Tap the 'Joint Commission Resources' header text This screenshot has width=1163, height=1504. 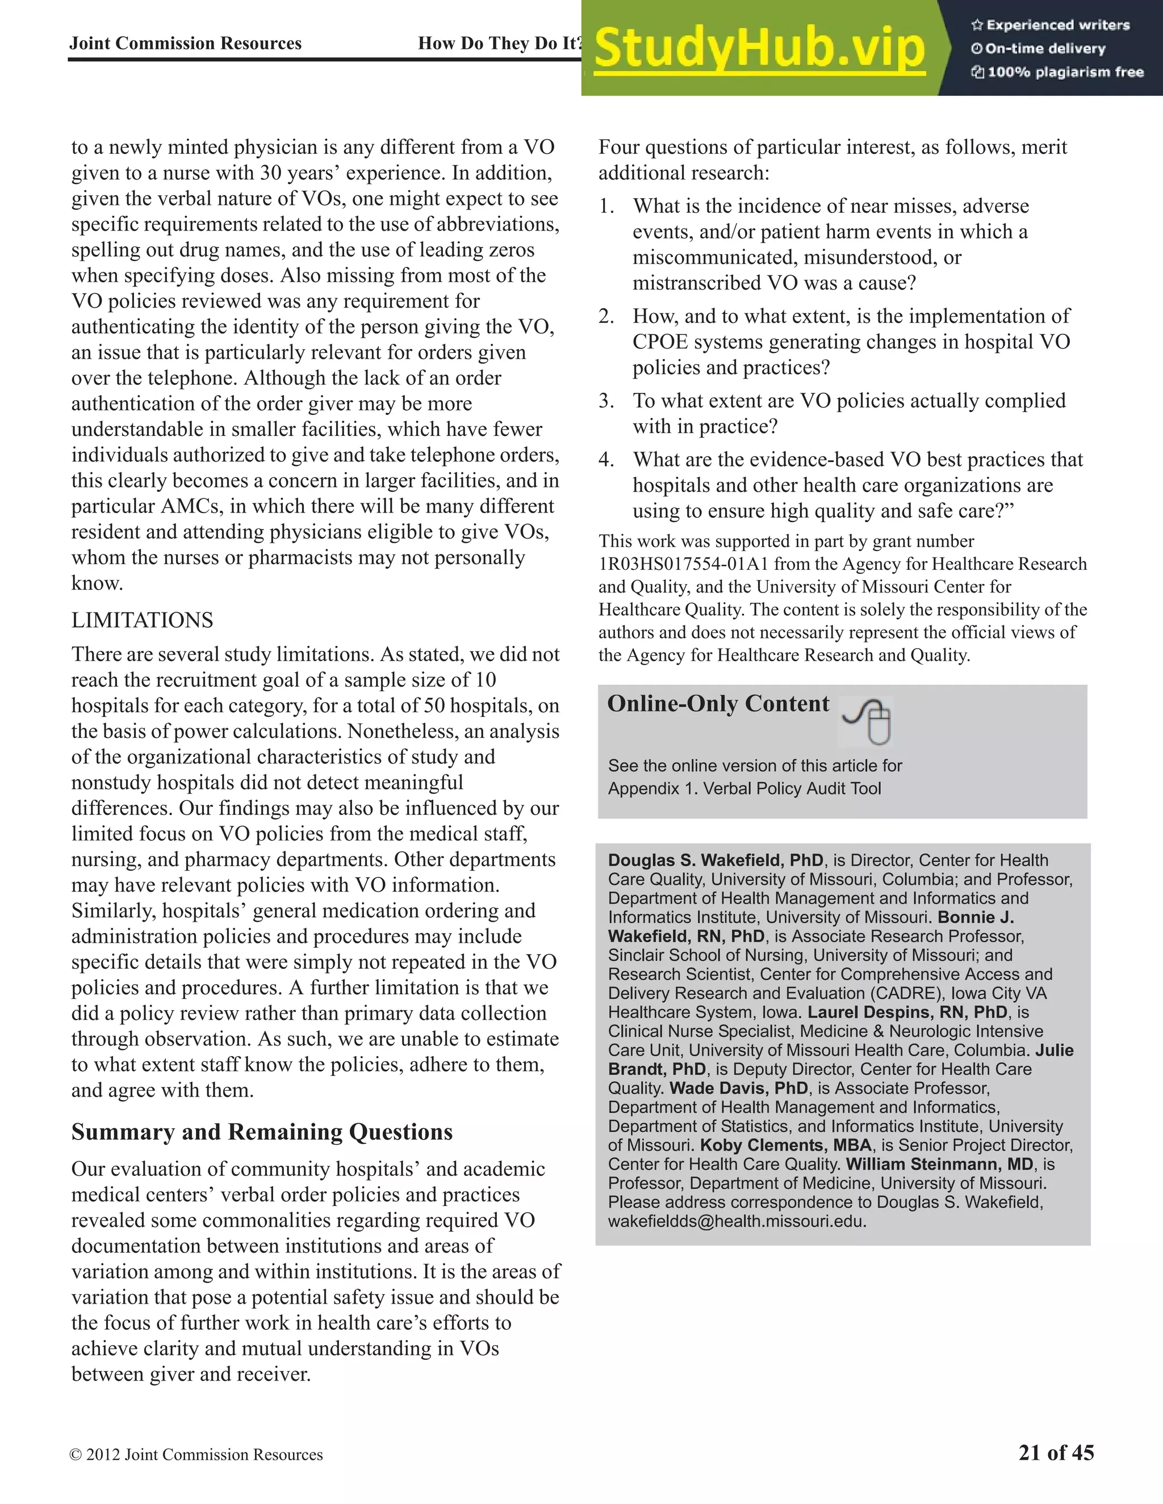click(185, 43)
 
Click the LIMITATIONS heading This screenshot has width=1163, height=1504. click(142, 620)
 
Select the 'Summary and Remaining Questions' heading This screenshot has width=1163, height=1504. click(262, 1132)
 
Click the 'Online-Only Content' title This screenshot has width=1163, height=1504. click(718, 703)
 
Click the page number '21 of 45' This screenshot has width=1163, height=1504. click(1056, 1452)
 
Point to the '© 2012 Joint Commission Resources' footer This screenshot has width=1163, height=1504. click(196, 1455)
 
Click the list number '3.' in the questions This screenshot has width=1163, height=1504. click(606, 401)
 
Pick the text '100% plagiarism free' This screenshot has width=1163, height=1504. click(1065, 72)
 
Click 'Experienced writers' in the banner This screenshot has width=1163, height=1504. click(1057, 26)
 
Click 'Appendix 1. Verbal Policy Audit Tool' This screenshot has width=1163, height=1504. click(744, 788)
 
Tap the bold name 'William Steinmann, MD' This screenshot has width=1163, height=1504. click(940, 1164)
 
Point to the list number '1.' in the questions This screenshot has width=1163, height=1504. click(606, 206)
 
